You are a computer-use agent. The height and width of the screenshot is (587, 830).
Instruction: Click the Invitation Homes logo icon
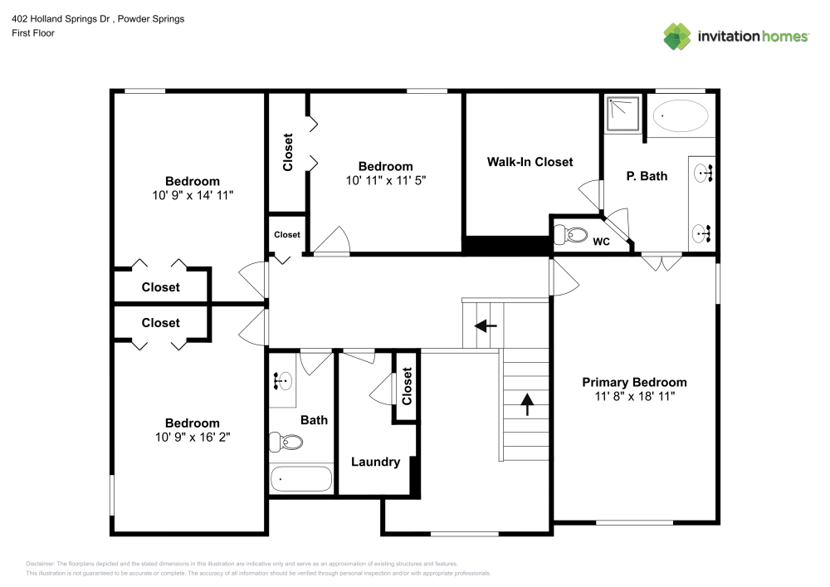pos(676,36)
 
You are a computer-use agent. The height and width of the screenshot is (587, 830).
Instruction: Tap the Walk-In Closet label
pos(530,162)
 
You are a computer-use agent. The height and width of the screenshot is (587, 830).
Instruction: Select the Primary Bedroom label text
pos(634,382)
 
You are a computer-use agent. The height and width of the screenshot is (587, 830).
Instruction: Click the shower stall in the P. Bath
pos(623,114)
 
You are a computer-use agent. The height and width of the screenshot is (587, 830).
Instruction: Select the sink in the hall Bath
pos(282,382)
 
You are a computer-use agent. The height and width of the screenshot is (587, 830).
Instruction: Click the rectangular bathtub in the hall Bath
pos(301,479)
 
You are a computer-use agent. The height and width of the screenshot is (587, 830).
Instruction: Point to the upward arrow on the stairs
pos(526,404)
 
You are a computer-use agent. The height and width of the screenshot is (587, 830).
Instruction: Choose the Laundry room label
pos(375,462)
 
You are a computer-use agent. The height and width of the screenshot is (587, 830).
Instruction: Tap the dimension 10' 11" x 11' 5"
pos(385,179)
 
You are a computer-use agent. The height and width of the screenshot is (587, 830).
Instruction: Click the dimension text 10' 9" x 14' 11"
pos(193,195)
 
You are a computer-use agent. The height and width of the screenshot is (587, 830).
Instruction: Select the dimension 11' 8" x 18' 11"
pos(634,396)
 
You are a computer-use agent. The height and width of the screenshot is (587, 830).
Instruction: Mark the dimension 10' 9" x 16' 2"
pos(192,437)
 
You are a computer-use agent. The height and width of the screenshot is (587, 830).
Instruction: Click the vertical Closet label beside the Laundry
pos(406,386)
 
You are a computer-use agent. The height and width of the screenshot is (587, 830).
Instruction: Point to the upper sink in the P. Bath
pos(704,174)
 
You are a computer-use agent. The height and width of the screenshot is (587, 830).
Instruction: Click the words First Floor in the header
pos(32,33)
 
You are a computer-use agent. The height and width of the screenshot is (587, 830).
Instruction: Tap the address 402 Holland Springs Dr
pos(58,18)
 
